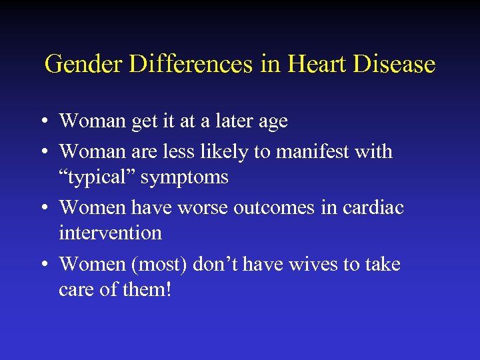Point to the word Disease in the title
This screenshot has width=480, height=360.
396,65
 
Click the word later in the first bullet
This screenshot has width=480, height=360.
227,121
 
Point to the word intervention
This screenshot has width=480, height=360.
110,233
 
